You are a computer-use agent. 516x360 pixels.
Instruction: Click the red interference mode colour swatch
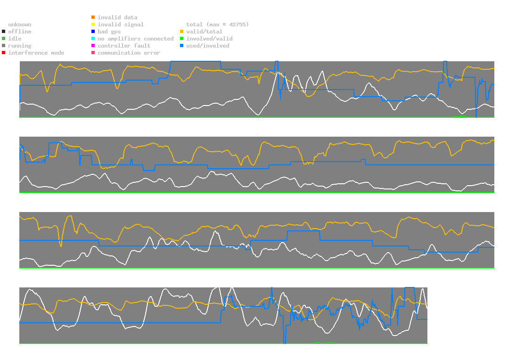coord(4,53)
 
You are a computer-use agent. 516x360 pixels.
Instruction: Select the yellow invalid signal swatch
coord(93,25)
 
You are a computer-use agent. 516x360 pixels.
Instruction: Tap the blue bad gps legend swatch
coord(93,32)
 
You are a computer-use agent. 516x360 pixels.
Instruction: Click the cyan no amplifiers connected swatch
coord(93,39)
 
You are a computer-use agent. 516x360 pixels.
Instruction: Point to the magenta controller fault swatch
coord(93,46)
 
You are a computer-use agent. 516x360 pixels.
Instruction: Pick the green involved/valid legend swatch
coord(182,39)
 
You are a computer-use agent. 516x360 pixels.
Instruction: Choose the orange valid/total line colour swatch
coord(182,32)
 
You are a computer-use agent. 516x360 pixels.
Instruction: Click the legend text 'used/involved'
coord(208,46)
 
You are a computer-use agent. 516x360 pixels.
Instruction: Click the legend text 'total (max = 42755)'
coord(218,25)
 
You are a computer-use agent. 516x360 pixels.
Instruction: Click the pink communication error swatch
coord(93,53)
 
